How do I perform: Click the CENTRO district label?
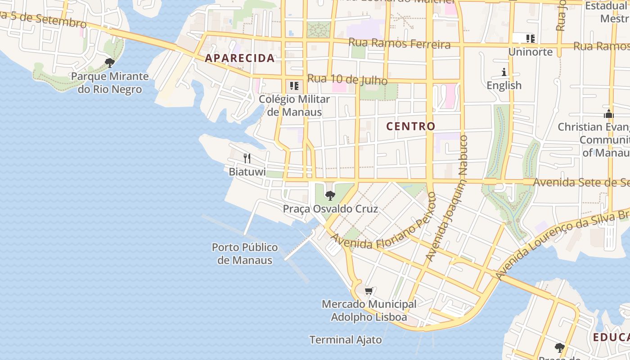(411, 126)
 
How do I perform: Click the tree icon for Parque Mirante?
(109, 63)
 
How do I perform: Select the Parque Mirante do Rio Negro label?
(110, 83)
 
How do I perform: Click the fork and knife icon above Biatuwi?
(247, 158)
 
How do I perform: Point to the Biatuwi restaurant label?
(247, 172)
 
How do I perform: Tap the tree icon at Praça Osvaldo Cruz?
(330, 195)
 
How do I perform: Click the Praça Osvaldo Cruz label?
(330, 209)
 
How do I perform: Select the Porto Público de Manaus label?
(245, 254)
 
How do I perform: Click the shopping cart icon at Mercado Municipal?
(369, 291)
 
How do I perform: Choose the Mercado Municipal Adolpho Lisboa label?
(369, 310)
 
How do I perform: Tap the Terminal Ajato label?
(346, 340)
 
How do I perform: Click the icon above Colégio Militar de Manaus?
(294, 85)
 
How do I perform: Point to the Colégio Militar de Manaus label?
(294, 105)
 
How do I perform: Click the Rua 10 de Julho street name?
(347, 80)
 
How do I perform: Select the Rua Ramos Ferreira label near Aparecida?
(400, 44)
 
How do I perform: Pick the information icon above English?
(504, 72)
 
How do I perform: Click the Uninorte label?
(530, 52)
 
